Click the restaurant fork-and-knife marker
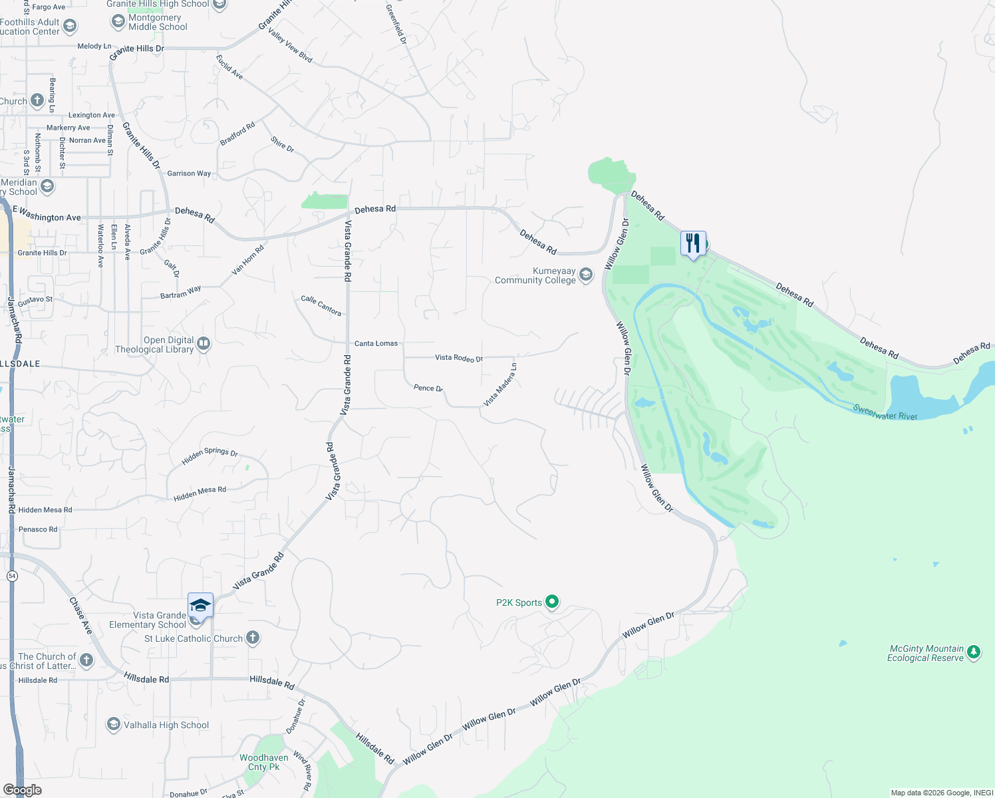693,243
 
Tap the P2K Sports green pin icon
552,602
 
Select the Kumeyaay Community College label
535,275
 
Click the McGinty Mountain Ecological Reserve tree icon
974,652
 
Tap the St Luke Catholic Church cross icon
253,638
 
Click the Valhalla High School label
166,725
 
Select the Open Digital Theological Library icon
204,344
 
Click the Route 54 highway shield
12,576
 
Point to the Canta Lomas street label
376,343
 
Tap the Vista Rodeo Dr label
459,358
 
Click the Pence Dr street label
428,388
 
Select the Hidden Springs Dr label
210,456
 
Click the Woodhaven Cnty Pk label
264,762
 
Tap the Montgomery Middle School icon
118,22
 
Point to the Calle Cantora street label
321,305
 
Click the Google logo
22,789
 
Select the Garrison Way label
189,174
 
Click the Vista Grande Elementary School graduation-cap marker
200,606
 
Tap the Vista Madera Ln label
500,385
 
